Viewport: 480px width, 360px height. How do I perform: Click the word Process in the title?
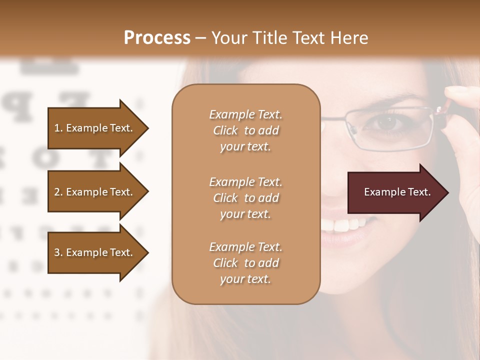pos(157,38)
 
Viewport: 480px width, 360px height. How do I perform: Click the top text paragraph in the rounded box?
pos(245,130)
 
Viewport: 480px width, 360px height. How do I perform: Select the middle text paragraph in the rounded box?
pos(245,198)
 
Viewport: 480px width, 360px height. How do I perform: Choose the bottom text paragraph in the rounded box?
pos(245,263)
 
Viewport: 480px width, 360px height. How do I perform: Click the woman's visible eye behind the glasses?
pos(386,123)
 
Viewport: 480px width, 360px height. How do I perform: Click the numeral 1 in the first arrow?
pos(56,128)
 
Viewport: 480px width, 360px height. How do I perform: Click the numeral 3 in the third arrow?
pos(57,252)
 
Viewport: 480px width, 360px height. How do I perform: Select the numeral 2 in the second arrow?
pos(57,192)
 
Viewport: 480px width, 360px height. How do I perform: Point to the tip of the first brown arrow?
pos(147,128)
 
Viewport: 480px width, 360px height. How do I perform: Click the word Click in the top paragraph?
pos(225,130)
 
